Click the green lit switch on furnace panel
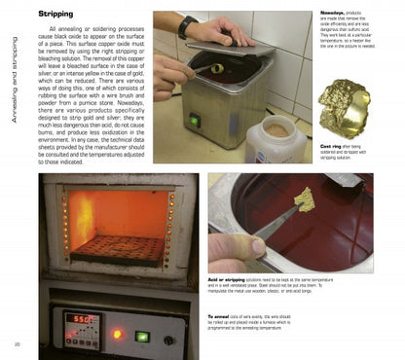(142, 337)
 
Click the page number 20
(18, 345)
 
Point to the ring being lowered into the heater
(216, 70)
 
